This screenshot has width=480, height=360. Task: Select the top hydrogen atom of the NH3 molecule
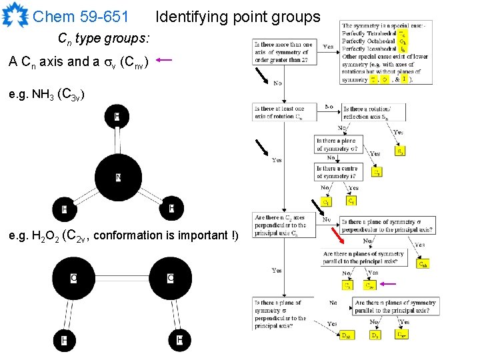coord(117,117)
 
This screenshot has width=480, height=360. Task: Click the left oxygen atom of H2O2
coord(73,277)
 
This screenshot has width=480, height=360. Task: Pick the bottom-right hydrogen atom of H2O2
coord(179,341)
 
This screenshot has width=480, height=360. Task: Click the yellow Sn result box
coord(400,151)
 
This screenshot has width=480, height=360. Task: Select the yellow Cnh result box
coord(423,264)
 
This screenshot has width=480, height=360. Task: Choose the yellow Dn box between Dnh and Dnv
coord(375,335)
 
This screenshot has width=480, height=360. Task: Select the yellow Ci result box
coord(351,201)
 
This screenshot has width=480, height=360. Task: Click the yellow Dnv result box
coord(403,335)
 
